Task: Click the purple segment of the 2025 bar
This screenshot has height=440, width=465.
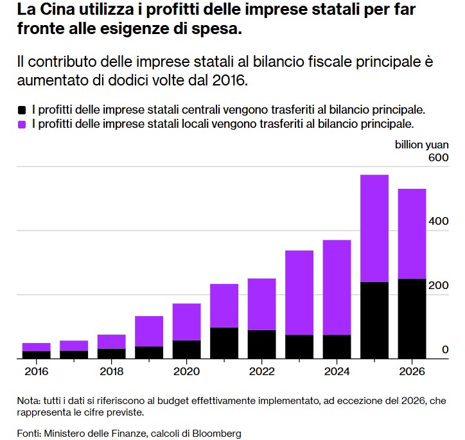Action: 374,228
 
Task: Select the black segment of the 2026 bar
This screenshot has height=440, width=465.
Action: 412,319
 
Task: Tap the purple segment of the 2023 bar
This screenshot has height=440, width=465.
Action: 299,292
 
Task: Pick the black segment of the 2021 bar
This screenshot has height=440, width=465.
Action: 224,343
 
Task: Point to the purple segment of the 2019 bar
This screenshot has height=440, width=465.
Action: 149,331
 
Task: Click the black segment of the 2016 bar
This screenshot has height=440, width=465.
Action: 36,355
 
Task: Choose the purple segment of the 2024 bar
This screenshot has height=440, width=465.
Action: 337,287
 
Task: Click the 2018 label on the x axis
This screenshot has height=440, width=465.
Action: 112,371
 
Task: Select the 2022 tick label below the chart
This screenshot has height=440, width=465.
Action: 262,371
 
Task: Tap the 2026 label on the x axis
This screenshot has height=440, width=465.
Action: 412,371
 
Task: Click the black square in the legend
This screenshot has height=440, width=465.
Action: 23,110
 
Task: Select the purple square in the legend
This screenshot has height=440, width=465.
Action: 23,123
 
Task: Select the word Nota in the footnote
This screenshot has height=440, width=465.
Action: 28,401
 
